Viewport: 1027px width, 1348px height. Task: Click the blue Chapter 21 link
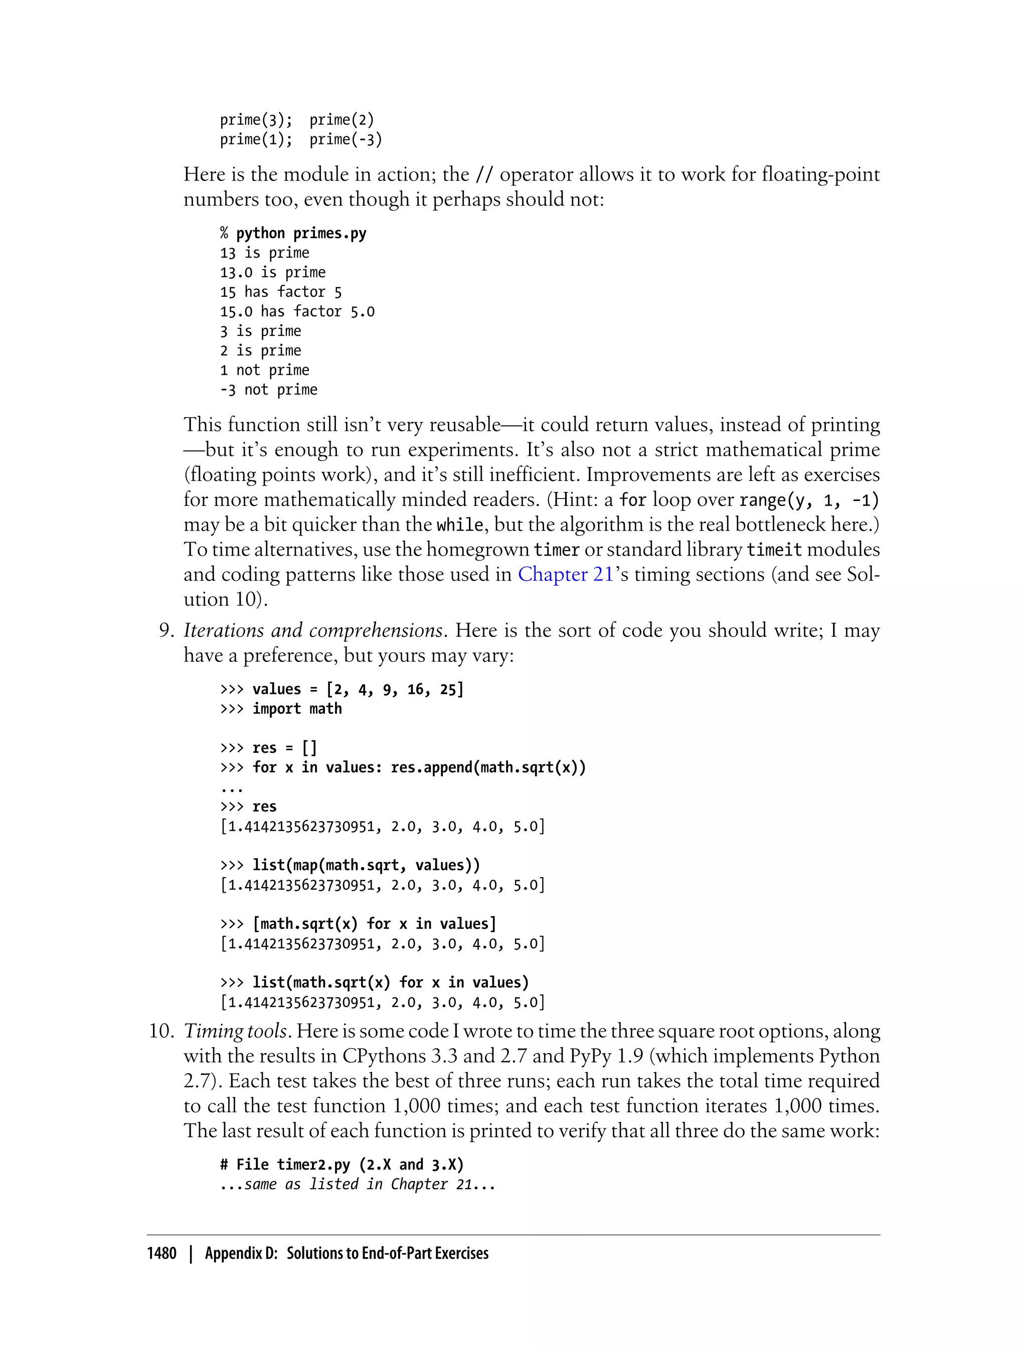566,575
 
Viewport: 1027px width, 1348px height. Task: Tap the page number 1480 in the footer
161,1253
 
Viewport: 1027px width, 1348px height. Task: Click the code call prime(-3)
346,139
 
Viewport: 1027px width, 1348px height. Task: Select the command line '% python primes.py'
293,234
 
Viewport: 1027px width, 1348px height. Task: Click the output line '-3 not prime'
269,390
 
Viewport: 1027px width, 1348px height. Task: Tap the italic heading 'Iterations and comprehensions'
313,630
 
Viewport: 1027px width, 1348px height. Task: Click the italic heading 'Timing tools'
235,1032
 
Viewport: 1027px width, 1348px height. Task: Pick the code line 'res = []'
284,748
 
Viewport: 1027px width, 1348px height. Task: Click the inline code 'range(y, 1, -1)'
809,500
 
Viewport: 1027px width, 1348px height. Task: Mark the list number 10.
162,1032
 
